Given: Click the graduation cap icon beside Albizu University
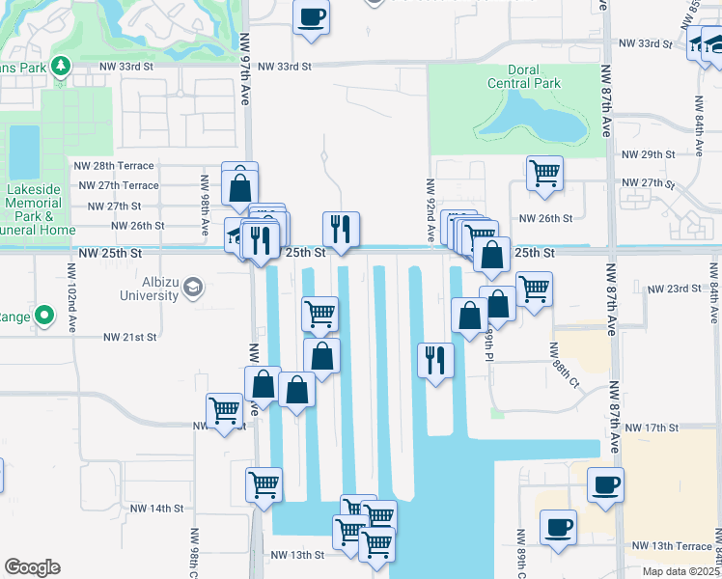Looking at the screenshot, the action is pos(193,287).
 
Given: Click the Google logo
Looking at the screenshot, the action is pos(32,567).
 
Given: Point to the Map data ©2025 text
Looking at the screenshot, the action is pos(681,571).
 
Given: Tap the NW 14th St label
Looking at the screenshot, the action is pos(156,508).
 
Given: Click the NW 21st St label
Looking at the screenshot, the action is pos(130,338).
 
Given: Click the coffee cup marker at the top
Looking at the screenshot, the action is pos(311,16).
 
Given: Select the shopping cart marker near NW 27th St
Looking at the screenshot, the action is pos(545,173).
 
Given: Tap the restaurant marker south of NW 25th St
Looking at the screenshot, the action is pos(435,360).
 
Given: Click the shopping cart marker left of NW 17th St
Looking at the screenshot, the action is pos(225,409).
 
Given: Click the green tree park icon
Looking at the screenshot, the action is pos(60,66).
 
